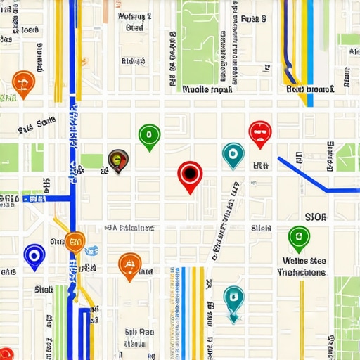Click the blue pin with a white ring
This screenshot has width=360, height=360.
tap(34, 255)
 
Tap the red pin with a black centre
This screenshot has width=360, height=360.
tap(190, 174)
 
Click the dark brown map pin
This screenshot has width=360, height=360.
tap(118, 160)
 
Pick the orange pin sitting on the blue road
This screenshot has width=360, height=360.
tap(75, 241)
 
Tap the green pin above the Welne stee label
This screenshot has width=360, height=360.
tap(299, 238)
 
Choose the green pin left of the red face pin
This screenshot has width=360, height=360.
tap(149, 135)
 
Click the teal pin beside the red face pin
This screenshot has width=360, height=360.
tap(233, 153)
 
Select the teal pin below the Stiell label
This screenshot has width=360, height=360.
tap(233, 298)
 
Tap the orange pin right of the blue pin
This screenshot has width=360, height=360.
tap(129, 264)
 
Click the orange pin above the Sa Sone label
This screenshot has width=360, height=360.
tap(24, 83)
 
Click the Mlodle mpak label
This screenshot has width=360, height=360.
tap(207, 90)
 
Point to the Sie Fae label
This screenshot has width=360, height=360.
tap(139, 333)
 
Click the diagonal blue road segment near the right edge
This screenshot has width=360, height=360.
tap(304, 173)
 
